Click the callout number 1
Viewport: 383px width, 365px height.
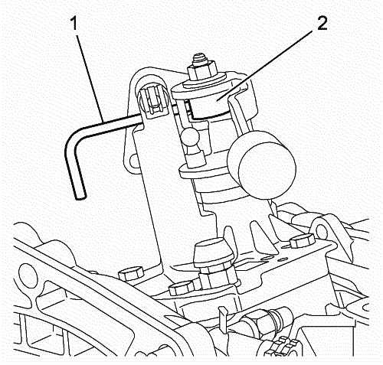pos(74,24)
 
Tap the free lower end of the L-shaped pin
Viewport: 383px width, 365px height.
pos(80,196)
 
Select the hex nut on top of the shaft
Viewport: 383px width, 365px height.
pos(202,70)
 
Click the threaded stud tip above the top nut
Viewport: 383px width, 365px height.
pos(200,58)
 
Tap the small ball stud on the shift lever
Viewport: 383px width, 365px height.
pos(191,137)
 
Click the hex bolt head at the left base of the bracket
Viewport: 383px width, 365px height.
pos(131,273)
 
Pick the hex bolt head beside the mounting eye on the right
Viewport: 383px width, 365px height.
pos(303,240)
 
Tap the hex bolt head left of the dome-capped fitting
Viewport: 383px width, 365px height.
pos(182,288)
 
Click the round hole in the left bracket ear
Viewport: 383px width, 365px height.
pos(134,161)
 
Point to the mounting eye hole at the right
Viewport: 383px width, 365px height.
pos(322,231)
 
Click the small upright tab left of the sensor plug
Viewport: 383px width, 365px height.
pos(222,317)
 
